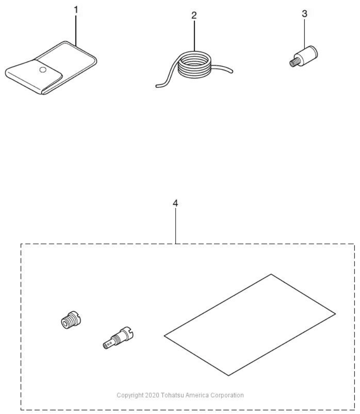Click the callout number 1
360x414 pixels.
point(76,10)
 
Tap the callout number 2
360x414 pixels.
point(194,16)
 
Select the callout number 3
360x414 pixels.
point(305,14)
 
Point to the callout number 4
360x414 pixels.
point(175,203)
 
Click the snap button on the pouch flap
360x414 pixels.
point(42,70)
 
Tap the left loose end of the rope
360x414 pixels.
point(157,86)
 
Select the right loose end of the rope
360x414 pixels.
point(231,71)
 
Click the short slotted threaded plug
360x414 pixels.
point(70,319)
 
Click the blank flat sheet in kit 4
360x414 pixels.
point(250,325)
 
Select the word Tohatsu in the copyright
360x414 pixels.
point(172,395)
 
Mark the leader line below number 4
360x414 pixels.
point(175,226)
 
